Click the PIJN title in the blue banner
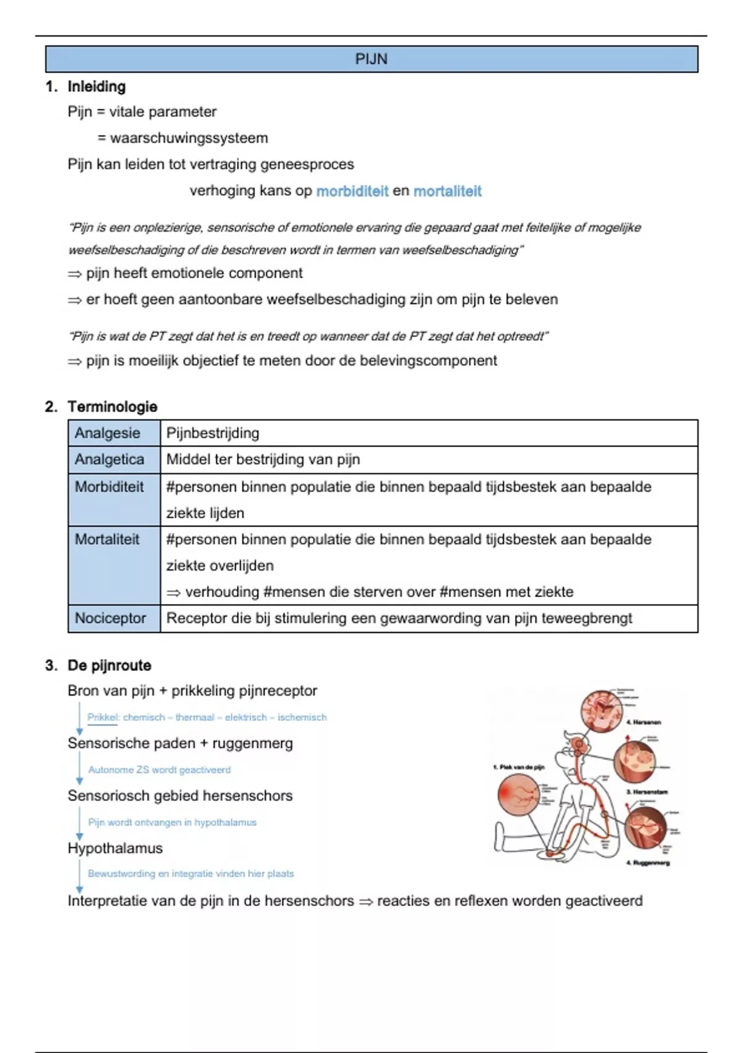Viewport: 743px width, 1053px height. pos(371,59)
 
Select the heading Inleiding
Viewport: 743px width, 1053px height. pos(96,87)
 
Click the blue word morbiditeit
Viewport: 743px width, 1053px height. pos(352,191)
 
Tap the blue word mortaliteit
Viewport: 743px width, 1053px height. pos(447,191)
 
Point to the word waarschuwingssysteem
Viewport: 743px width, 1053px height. pos(189,138)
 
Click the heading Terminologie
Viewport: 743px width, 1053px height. pos(112,407)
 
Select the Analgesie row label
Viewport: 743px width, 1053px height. pos(107,433)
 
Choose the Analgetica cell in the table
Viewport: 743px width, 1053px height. pos(109,460)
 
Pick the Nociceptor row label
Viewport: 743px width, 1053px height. pos(110,618)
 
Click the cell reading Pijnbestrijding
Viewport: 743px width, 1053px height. pos(213,433)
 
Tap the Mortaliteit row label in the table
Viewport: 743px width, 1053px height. pos(107,540)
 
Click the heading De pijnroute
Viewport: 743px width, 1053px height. pos(109,666)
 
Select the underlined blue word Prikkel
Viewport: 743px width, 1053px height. pos(102,717)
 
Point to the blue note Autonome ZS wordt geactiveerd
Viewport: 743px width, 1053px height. pos(159,770)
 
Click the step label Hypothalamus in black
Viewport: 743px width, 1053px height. pos(115,849)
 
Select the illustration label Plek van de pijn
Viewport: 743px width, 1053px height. pos(520,767)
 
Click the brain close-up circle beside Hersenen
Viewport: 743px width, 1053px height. pos(602,710)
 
